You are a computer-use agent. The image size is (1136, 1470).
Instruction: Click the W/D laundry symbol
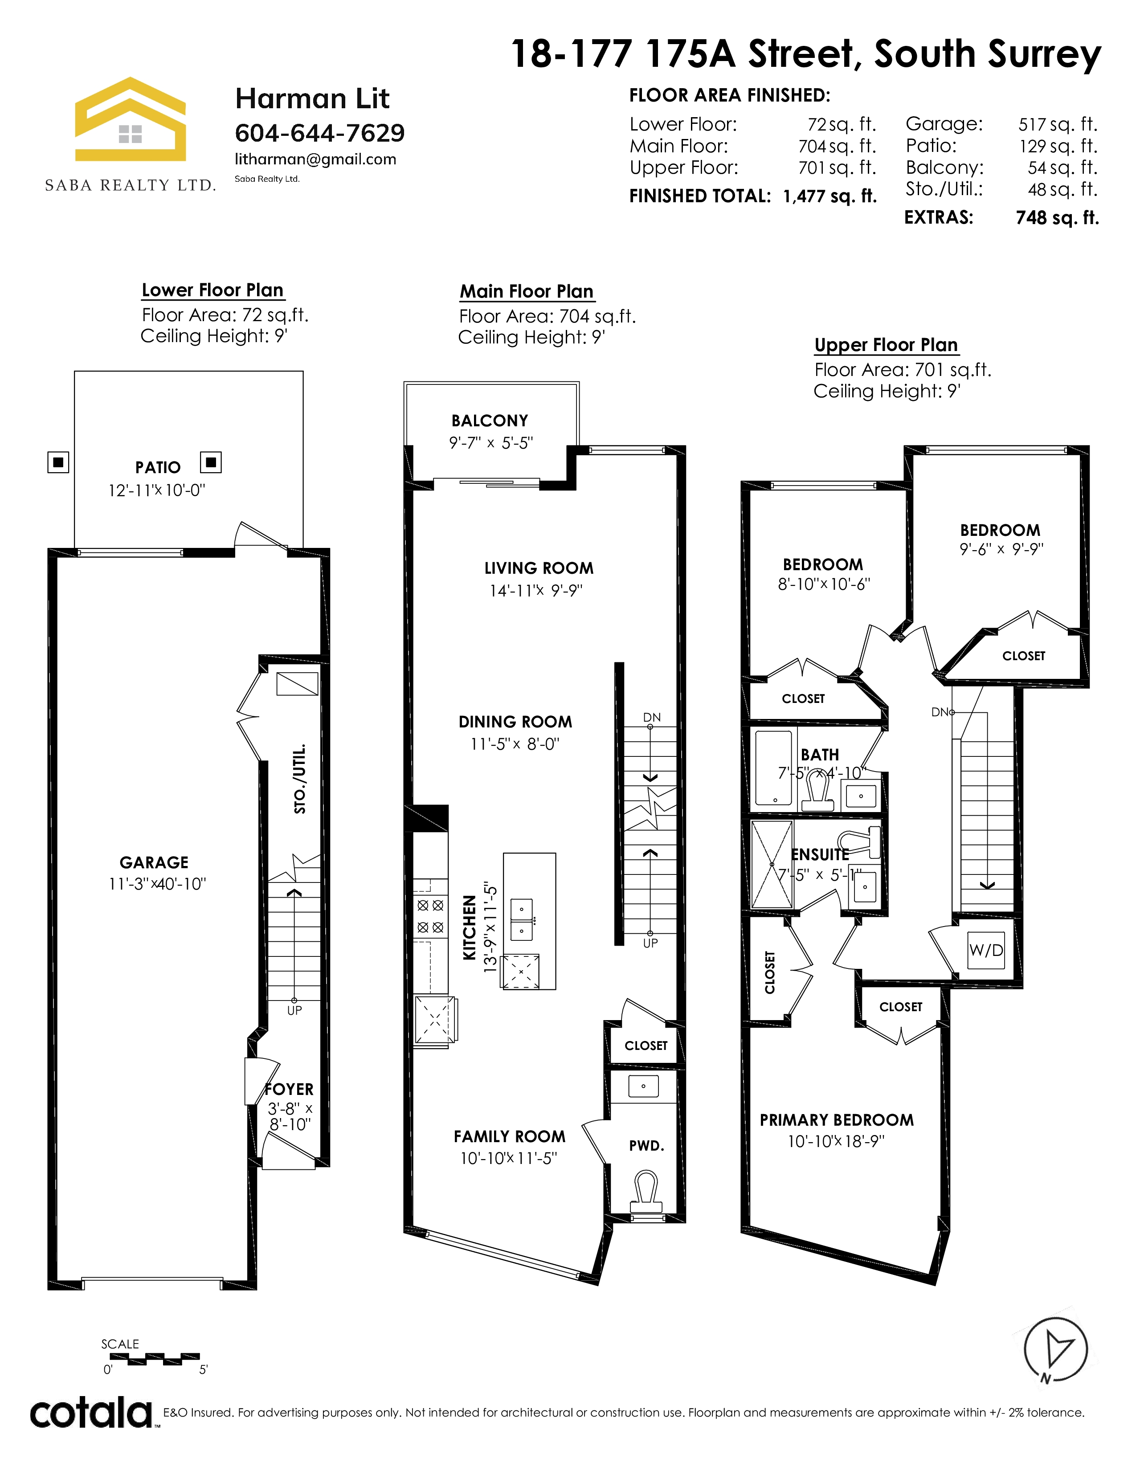coord(986,951)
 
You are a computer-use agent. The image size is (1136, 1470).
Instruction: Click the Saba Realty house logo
coord(130,119)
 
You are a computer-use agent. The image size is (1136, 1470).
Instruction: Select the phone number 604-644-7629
coord(320,133)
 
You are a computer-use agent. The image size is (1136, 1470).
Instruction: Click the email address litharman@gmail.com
coord(316,159)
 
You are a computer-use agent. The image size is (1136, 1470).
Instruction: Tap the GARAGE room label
coord(154,862)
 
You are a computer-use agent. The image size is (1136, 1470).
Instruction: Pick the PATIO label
coord(158,467)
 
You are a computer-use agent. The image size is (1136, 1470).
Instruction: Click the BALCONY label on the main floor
coord(490,421)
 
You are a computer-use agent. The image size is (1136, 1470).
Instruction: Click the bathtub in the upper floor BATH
coord(774,768)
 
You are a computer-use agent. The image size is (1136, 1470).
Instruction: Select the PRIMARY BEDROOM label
coord(837,1120)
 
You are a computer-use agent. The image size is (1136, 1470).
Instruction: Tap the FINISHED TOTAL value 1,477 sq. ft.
coord(830,196)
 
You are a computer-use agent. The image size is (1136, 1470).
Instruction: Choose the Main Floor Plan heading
coord(527,291)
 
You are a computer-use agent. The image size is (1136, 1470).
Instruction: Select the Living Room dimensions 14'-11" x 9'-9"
coord(535,590)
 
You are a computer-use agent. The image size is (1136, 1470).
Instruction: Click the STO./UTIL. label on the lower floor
coord(300,778)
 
